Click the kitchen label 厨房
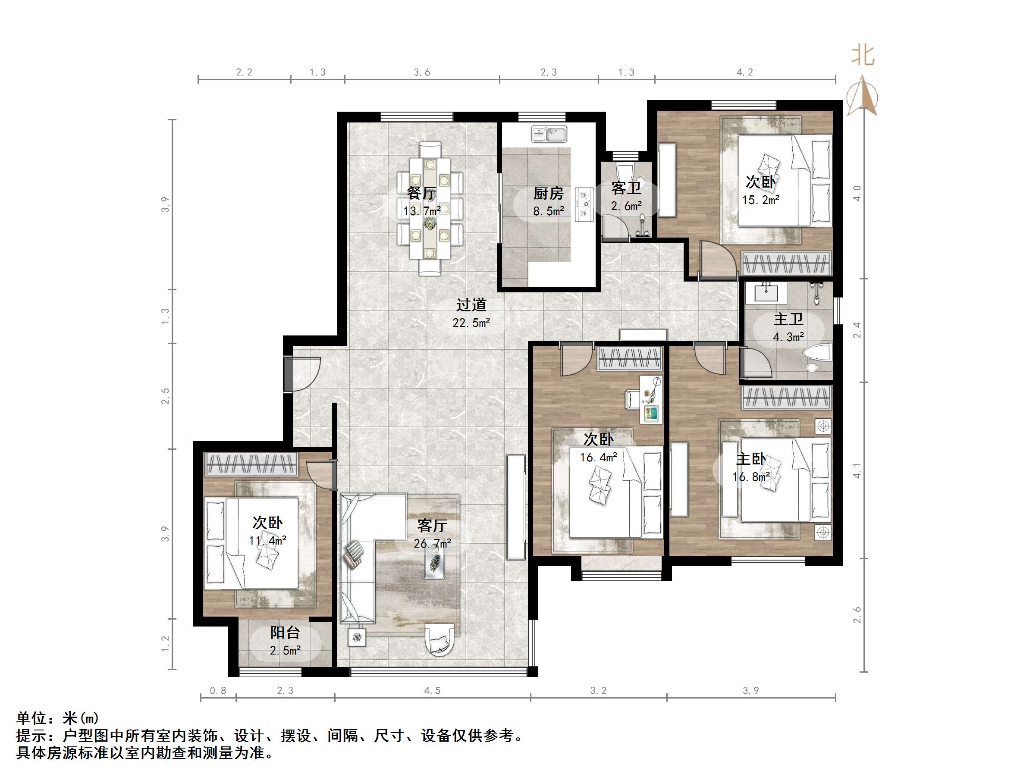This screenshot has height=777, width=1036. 549,193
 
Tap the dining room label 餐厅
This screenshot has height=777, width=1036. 421,193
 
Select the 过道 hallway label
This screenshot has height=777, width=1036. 471,304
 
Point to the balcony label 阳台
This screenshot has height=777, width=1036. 285,632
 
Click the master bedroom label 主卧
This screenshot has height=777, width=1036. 751,458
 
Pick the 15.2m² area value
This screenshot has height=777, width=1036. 760,200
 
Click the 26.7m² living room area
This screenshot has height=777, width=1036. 432,543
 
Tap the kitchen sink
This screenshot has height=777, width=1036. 549,134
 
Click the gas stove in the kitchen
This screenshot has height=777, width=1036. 584,204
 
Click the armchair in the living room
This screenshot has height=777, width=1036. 440,639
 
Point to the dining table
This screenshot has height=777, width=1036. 430,208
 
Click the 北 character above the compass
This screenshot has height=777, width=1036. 863,55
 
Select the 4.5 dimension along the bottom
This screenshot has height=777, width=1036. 432,690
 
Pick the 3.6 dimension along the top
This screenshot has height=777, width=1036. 421,72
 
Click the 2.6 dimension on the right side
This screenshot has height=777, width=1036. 857,614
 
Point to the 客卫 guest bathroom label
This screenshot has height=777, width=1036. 626,188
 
